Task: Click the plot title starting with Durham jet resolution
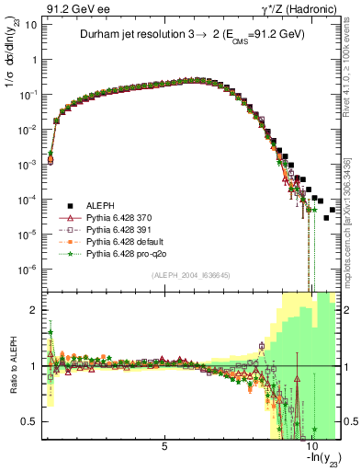(x=191, y=34)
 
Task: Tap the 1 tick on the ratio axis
(x=35, y=365)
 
